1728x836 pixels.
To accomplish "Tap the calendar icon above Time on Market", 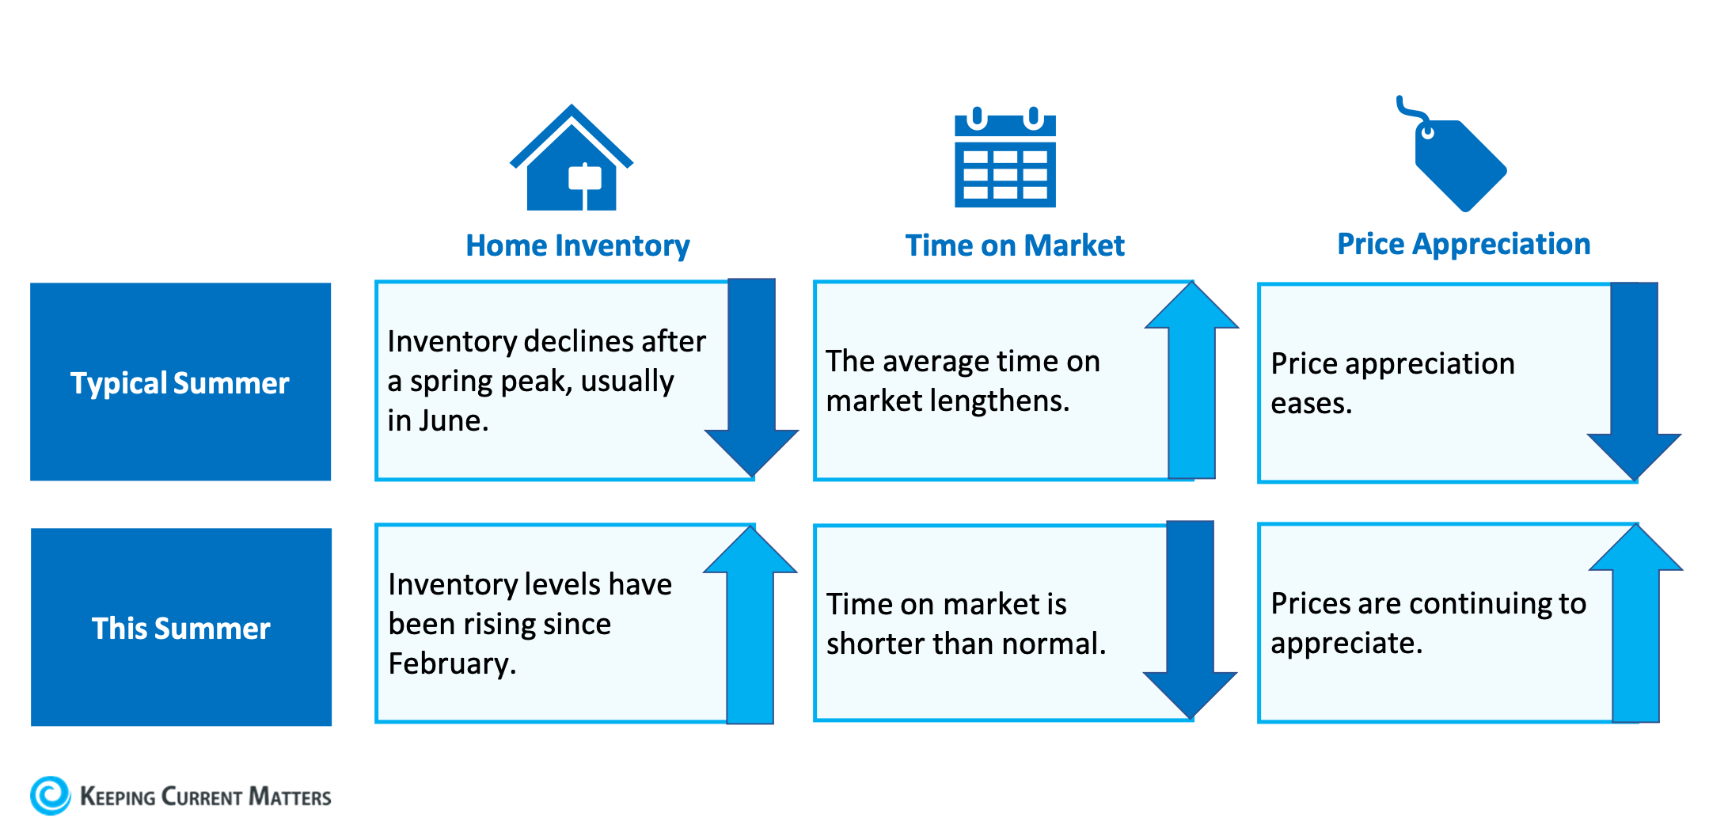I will pyautogui.click(x=1005, y=158).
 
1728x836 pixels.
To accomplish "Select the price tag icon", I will pyautogui.click(x=1456, y=158).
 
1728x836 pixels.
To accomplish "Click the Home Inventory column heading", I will pyautogui.click(x=577, y=245).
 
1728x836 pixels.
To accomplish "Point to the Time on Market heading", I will pyautogui.click(x=1015, y=245).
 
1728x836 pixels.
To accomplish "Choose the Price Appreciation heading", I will pyautogui.click(x=1464, y=244).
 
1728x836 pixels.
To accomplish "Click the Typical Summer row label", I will pyautogui.click(x=180, y=382).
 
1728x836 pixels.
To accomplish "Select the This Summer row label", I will pyautogui.click(x=181, y=628).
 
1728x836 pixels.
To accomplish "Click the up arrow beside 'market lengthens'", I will pyautogui.click(x=1191, y=380).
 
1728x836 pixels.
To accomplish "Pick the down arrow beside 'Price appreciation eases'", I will pyautogui.click(x=1634, y=380).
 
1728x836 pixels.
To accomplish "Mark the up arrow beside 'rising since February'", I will pyautogui.click(x=750, y=625).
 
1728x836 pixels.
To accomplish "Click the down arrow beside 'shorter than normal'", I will pyautogui.click(x=1190, y=617).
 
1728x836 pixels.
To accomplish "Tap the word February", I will pyautogui.click(x=451, y=663).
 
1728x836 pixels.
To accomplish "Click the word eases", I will pyautogui.click(x=1311, y=404).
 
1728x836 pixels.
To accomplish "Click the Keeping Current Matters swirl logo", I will pyautogui.click(x=51, y=795).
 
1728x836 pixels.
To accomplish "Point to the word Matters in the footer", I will pyautogui.click(x=290, y=796).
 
